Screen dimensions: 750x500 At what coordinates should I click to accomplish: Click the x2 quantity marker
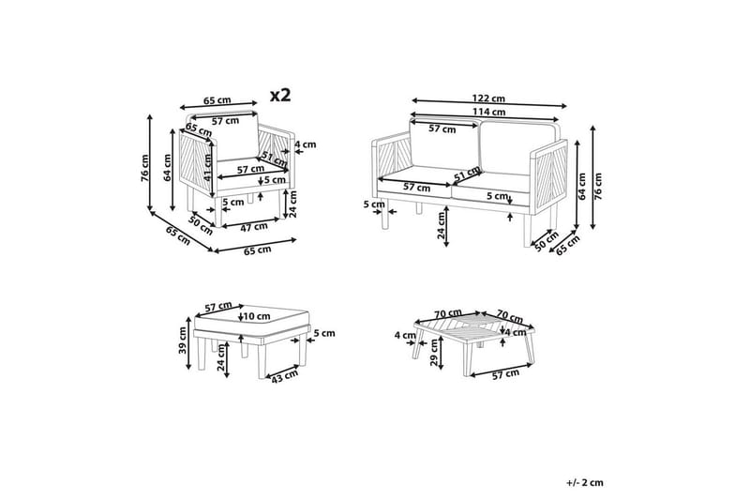point(280,95)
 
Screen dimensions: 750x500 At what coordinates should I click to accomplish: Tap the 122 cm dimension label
point(488,98)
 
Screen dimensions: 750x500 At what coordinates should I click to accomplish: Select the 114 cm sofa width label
point(489,112)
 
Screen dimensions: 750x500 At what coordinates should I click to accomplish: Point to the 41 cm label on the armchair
point(207,167)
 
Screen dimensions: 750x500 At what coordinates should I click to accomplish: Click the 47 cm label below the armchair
point(254,227)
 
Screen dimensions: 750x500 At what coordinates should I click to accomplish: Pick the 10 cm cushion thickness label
point(257,316)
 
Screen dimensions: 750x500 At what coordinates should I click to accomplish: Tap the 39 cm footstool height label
point(183,341)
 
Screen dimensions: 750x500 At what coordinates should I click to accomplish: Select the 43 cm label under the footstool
point(285,376)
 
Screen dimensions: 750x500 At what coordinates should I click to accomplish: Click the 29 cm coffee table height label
point(434,353)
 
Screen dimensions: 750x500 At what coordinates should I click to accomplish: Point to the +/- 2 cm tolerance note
point(585,483)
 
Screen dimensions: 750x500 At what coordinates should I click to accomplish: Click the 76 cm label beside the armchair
point(145,168)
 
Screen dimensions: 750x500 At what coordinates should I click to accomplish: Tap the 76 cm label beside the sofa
point(598,186)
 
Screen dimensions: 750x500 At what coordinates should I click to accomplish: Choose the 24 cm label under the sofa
point(441,225)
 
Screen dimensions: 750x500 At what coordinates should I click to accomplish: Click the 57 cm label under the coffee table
point(505,374)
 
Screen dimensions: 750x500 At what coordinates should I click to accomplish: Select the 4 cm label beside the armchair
point(306,144)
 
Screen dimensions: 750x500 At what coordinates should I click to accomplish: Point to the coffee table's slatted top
point(472,326)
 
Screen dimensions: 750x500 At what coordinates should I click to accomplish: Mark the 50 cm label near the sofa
point(547,241)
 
